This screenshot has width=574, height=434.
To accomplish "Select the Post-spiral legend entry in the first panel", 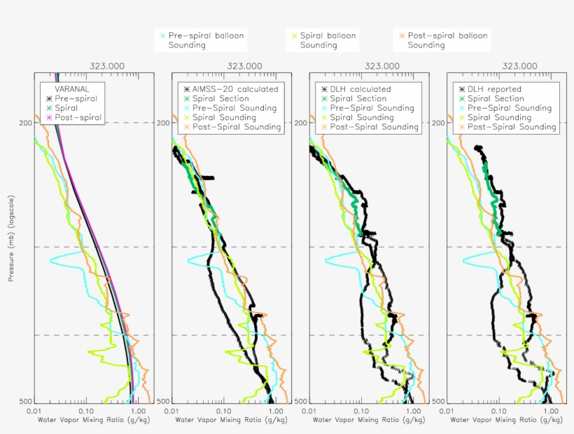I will pyautogui.click(x=78, y=118).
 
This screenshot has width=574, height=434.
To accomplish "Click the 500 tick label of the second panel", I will pyautogui.click(x=162, y=401).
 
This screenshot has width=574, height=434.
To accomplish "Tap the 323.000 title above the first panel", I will pyautogui.click(x=107, y=65).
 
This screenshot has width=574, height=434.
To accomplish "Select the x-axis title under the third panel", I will pyautogui.click(x=369, y=421).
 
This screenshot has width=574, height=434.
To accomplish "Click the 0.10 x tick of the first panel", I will pyautogui.click(x=87, y=411).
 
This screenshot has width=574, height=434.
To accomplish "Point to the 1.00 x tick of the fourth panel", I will pyautogui.click(x=551, y=411).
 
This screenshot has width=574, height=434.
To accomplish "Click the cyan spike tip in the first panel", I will pyautogui.click(x=50, y=261).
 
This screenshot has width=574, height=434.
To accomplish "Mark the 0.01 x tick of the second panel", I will pyautogui.click(x=171, y=411).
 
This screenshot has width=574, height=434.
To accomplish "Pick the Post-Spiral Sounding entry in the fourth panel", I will pyautogui.click(x=512, y=127).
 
